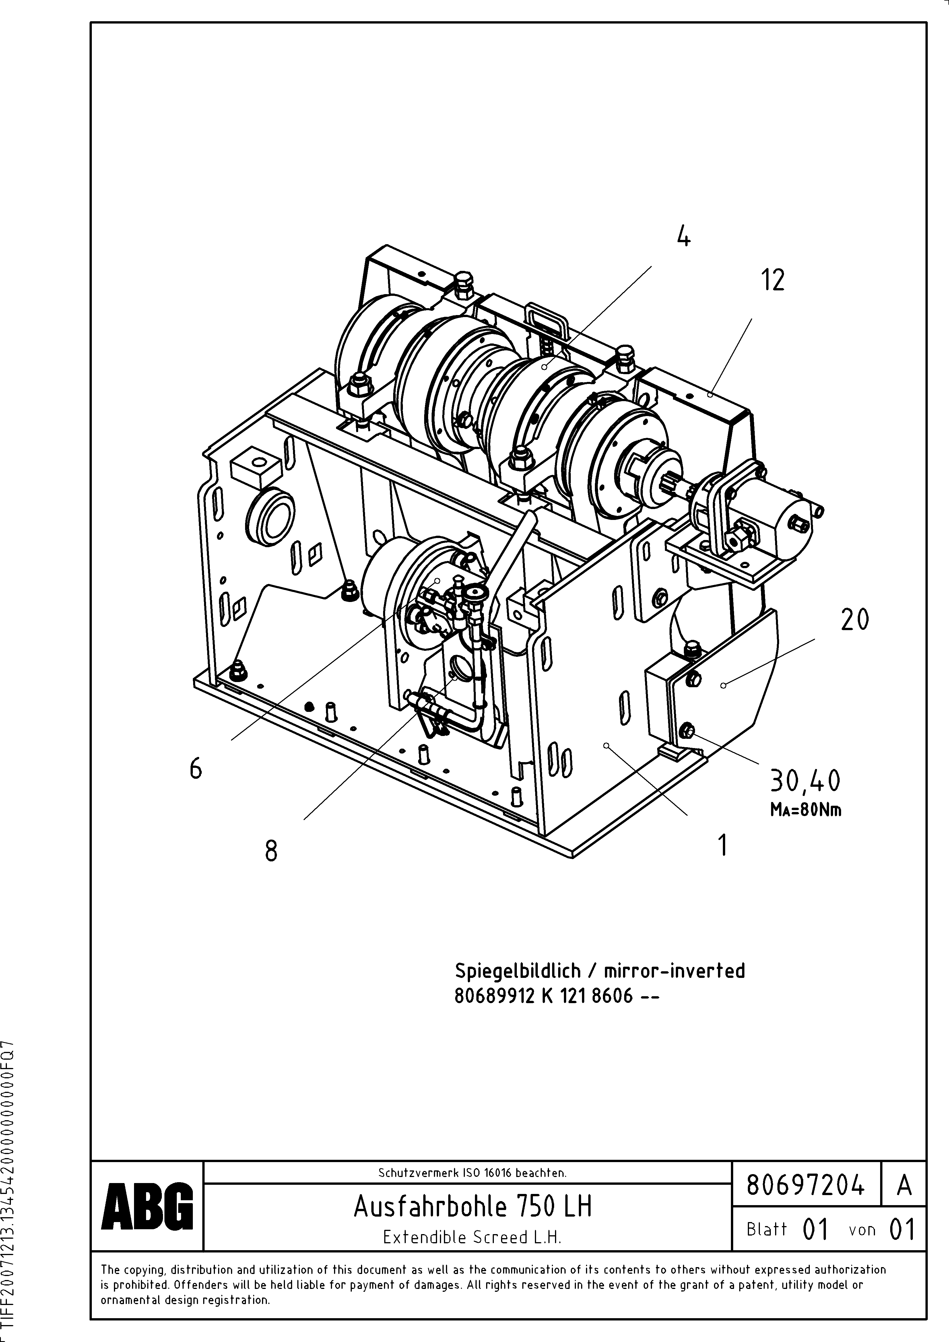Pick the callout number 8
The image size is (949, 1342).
pos(271,851)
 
